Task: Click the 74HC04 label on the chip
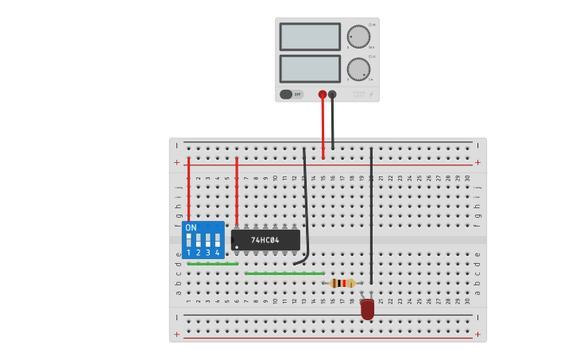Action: tap(265, 240)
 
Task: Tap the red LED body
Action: tap(367, 308)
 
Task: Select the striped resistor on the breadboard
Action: tap(342, 283)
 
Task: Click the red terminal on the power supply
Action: tap(323, 95)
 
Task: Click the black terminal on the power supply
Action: tap(332, 95)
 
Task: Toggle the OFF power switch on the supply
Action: tap(291, 95)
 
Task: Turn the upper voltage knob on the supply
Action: tap(358, 37)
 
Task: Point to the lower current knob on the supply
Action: tap(358, 69)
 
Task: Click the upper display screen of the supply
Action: tap(310, 37)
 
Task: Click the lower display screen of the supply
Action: tap(310, 69)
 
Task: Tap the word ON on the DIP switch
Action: tap(191, 228)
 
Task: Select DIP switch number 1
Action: tap(189, 240)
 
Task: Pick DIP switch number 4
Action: tap(217, 240)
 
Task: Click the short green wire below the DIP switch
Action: tap(212, 264)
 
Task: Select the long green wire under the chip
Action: tap(284, 273)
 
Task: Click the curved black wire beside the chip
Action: tap(306, 207)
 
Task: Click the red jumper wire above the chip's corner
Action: tap(237, 191)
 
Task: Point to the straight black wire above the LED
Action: tap(371, 215)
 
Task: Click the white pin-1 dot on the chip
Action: tap(237, 247)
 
